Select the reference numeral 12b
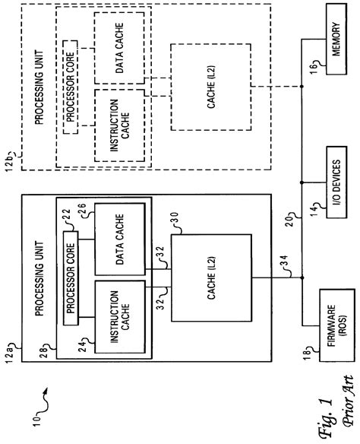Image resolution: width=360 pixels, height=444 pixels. click(x=11, y=162)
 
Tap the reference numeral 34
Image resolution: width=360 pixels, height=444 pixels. click(x=283, y=262)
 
